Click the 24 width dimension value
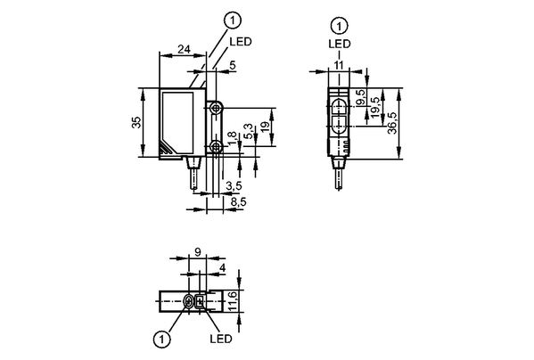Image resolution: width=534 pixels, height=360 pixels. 184,49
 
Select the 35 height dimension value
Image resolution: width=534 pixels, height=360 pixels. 136,122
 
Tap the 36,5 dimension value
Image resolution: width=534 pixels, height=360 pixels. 392,123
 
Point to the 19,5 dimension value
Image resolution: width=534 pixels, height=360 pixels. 374,108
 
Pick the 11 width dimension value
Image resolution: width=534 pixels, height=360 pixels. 339,65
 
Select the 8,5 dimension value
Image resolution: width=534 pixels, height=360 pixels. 238,202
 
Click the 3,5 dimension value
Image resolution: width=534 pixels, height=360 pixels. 234,185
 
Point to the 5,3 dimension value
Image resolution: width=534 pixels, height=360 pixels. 249,131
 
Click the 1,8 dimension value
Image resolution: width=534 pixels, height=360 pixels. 232,139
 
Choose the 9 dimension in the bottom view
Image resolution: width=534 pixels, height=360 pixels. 198,252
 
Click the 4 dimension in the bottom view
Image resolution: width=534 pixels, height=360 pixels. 222,268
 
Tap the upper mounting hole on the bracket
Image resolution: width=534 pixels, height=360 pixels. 215,109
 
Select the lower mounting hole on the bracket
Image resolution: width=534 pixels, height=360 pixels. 215,147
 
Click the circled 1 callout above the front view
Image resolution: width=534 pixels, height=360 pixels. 339,27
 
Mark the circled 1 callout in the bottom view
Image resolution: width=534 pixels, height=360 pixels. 161,339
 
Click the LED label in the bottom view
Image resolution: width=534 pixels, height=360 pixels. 221,339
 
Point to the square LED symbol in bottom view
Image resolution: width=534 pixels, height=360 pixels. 200,301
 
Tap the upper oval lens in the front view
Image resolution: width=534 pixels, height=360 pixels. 339,106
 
